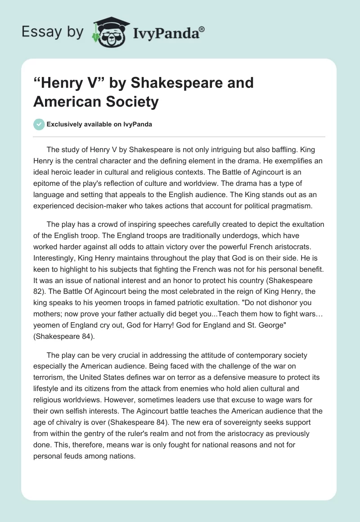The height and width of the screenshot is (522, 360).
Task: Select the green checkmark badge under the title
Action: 39,125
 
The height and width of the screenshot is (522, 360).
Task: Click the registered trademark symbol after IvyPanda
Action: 202,28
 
